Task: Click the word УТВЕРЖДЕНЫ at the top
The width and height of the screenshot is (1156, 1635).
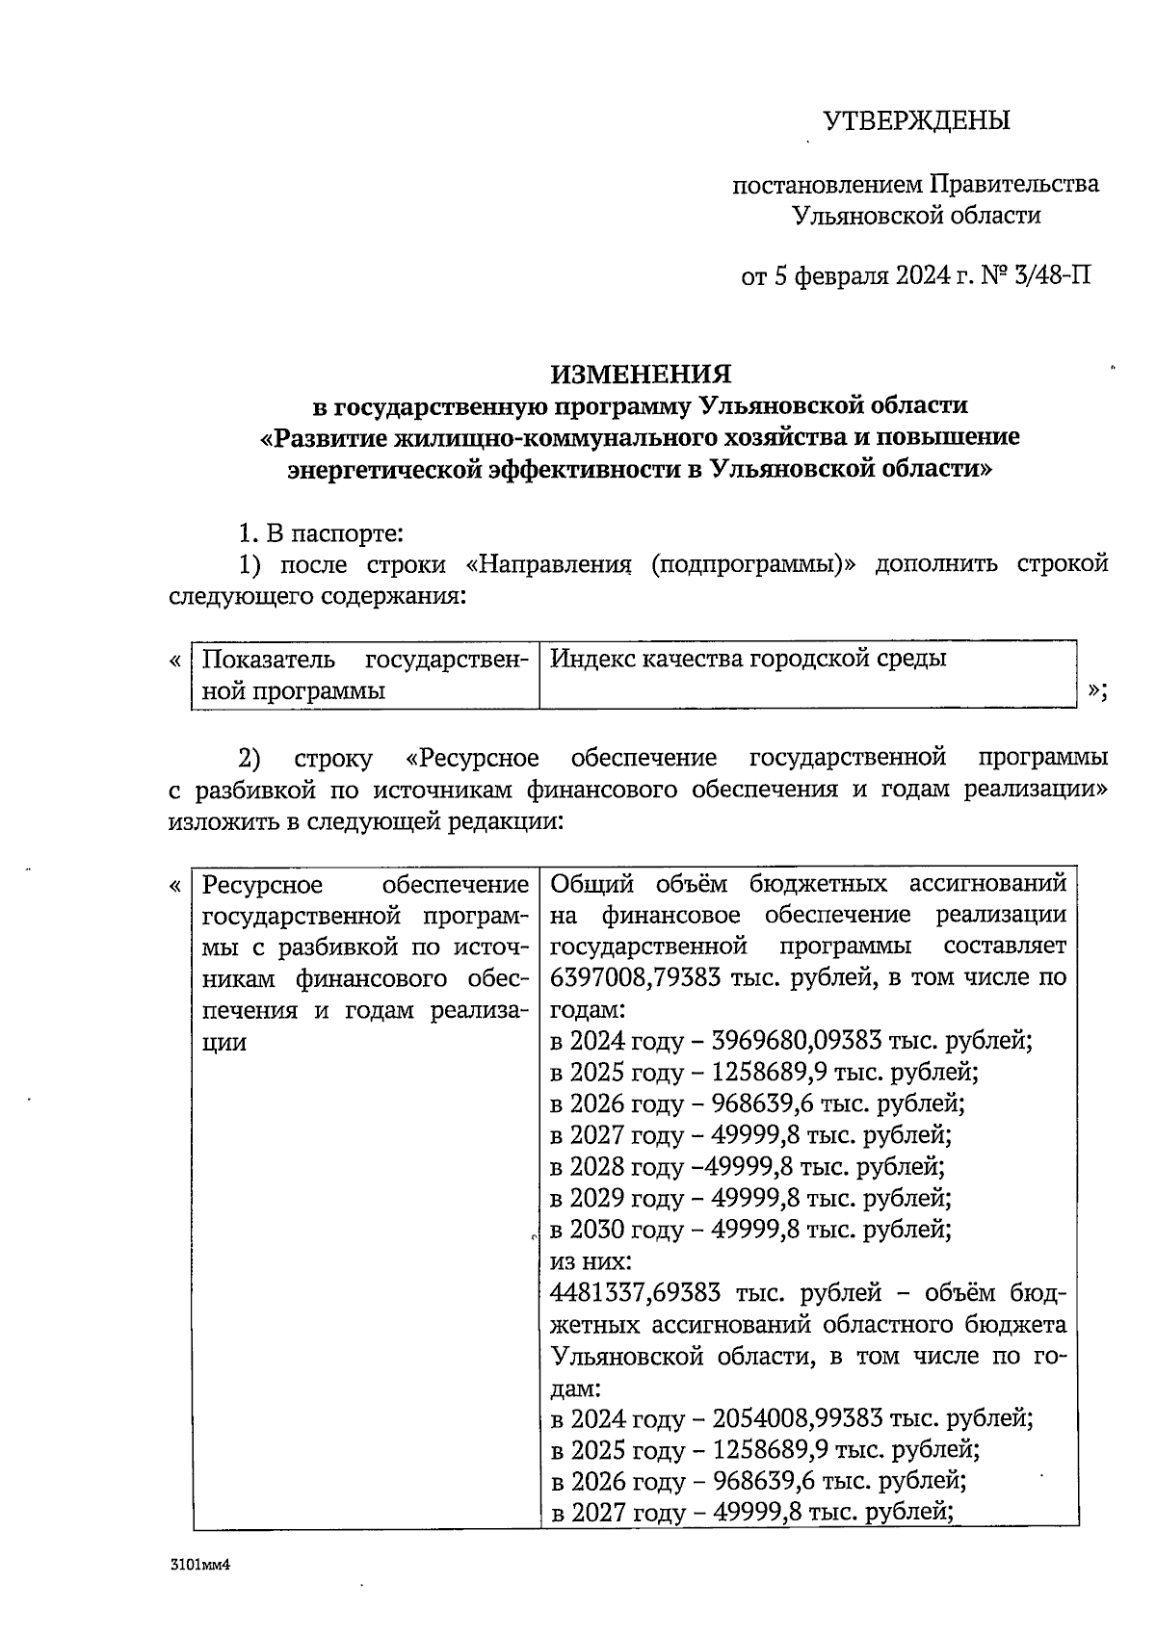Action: (x=916, y=120)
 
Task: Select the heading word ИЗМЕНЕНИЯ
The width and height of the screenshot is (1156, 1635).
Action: (x=641, y=373)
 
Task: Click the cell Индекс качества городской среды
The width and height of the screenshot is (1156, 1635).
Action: (x=749, y=659)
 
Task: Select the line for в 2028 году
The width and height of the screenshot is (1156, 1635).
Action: (x=747, y=1167)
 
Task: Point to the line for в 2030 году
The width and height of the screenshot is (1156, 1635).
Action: (x=750, y=1230)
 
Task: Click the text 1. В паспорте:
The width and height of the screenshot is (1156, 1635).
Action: (x=321, y=532)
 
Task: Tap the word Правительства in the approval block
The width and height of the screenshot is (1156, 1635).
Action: (x=1014, y=183)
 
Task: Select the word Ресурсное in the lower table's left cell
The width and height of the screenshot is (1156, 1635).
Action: (x=262, y=884)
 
